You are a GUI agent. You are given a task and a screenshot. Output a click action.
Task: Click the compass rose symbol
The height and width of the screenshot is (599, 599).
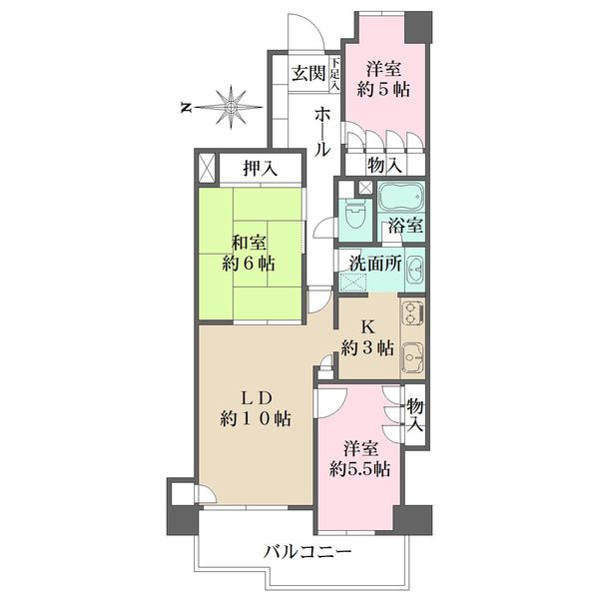pos(231,108)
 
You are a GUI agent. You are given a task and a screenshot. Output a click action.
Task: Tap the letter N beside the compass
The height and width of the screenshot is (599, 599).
pos(186,108)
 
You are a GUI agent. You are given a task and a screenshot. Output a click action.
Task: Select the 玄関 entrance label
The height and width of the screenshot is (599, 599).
pos(308,73)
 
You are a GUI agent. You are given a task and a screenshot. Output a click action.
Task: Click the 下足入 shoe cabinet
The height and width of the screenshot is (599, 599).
pos(335,74)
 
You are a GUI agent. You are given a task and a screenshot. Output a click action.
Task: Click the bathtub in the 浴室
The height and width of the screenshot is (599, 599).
pos(400,196)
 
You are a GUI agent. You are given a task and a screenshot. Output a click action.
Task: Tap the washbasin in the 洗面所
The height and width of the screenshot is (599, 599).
pos(415,269)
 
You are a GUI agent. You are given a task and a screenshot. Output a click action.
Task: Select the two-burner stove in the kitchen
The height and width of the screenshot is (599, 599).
pos(412,312)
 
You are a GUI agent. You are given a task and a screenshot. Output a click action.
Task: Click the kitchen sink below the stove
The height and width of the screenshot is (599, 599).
pos(412,356)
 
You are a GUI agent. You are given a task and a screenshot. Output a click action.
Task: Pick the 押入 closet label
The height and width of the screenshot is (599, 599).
pos(261,168)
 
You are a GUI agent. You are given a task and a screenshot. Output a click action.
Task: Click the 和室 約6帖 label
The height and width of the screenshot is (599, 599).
pos(249,254)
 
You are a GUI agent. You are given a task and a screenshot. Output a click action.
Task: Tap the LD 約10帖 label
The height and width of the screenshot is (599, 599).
pos(256,408)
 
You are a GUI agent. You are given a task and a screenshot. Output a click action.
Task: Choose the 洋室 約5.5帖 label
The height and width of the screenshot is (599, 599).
pos(360,459)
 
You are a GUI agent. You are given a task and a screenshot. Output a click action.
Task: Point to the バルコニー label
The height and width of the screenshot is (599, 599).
pos(307,552)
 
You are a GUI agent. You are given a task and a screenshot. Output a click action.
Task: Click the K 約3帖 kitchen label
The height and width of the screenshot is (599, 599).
pos(367,337)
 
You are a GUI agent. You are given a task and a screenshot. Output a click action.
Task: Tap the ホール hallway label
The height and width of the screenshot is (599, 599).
pos(321,132)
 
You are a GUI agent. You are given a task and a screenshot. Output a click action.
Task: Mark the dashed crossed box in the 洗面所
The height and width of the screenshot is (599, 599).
pos(353,282)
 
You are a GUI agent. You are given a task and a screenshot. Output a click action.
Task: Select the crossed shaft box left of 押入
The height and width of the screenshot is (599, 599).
pos(208,168)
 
